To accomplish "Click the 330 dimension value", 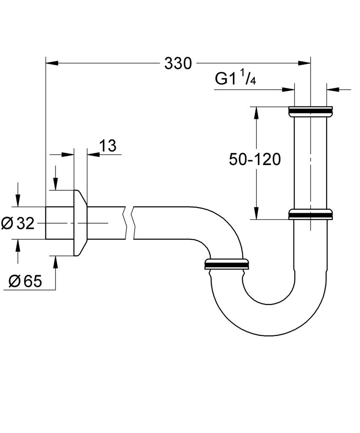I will (178, 64).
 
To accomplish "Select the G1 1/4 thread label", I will (236, 79).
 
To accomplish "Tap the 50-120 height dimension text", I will (255, 160).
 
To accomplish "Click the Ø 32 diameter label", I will (18, 223).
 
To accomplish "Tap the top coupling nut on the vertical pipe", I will (310, 111).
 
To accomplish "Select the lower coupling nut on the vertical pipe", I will (310, 214).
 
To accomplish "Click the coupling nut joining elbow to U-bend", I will (226, 263).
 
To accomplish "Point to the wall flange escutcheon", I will (80, 223).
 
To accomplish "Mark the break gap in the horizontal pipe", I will (129, 223).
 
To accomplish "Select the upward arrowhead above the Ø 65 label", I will (55, 262).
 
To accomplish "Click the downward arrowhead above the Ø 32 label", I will (17, 201).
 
